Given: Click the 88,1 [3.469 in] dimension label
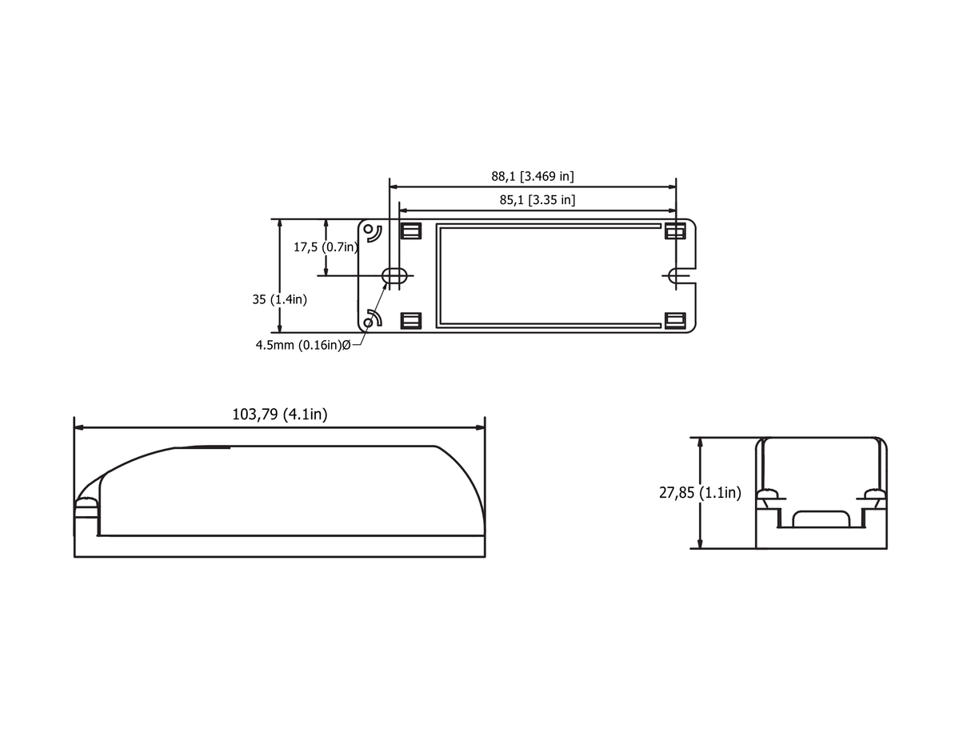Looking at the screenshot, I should pyautogui.click(x=532, y=176).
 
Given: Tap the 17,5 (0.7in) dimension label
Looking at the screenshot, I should pyautogui.click(x=326, y=247).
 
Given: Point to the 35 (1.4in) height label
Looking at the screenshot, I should pyautogui.click(x=279, y=299).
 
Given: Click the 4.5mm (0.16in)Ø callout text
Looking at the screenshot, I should pyautogui.click(x=303, y=345).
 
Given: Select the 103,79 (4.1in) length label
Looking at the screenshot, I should pyautogui.click(x=279, y=415).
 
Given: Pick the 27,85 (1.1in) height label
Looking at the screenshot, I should pyautogui.click(x=700, y=493).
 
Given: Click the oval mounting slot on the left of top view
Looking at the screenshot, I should pyautogui.click(x=394, y=276).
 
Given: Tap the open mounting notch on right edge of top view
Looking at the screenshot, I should pyautogui.click(x=678, y=275).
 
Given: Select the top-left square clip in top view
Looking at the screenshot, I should pyautogui.click(x=410, y=231).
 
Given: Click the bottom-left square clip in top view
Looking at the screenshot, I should pyautogui.click(x=410, y=321).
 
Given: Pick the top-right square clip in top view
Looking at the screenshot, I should pyautogui.click(x=675, y=231).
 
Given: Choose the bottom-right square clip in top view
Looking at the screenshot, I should pyautogui.click(x=675, y=321).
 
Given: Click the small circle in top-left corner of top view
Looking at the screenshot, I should pyautogui.click(x=369, y=229).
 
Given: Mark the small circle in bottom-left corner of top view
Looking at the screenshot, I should pyautogui.click(x=369, y=322).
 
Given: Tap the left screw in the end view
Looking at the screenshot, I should pyautogui.click(x=769, y=496).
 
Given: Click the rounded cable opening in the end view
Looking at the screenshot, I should pyautogui.click(x=821, y=519).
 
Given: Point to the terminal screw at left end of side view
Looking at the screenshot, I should pyautogui.click(x=85, y=506).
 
